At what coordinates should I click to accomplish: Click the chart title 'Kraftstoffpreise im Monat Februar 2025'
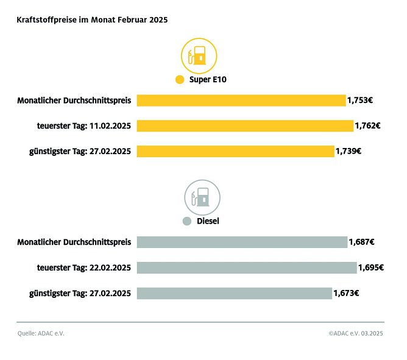click(92, 19)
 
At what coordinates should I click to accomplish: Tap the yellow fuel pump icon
click(199, 57)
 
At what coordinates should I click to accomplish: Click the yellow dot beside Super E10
click(179, 80)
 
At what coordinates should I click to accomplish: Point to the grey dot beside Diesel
click(187, 221)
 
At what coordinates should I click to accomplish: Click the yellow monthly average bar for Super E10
click(241, 101)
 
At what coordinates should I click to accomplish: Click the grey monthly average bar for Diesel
click(242, 242)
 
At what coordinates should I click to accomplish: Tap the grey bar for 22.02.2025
click(247, 267)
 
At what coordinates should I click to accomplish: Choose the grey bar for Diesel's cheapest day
click(235, 293)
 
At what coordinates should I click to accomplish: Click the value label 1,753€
click(360, 101)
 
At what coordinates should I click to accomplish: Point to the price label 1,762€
click(367, 126)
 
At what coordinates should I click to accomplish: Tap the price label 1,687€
click(361, 242)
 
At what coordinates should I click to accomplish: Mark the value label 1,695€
click(370, 267)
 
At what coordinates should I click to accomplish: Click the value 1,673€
click(346, 293)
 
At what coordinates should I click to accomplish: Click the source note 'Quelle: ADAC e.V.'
click(41, 333)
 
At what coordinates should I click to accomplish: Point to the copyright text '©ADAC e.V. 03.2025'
click(356, 333)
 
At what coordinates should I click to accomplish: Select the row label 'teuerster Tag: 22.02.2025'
click(84, 267)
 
